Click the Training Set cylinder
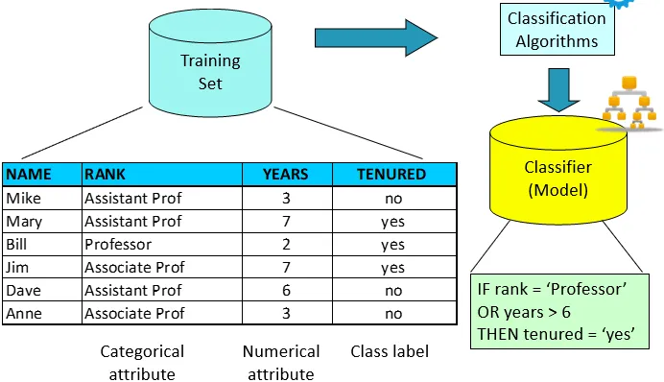click(x=210, y=63)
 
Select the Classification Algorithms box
click(x=557, y=30)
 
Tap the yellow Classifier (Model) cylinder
click(x=558, y=170)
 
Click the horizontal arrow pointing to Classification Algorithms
click(x=376, y=38)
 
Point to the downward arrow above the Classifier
click(x=558, y=90)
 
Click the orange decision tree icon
click(x=629, y=103)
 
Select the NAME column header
click(x=29, y=175)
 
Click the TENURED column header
click(x=391, y=175)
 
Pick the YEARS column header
click(x=285, y=175)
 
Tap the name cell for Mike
click(x=24, y=199)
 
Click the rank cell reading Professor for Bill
click(x=118, y=245)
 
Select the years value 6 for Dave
click(x=286, y=291)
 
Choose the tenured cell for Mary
click(x=393, y=222)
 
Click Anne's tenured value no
click(x=393, y=314)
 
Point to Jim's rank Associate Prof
click(x=134, y=267)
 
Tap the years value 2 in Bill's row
click(x=286, y=245)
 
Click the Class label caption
click(x=390, y=351)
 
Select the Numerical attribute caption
click(x=281, y=363)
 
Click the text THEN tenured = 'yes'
click(x=556, y=334)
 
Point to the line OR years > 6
click(x=524, y=313)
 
